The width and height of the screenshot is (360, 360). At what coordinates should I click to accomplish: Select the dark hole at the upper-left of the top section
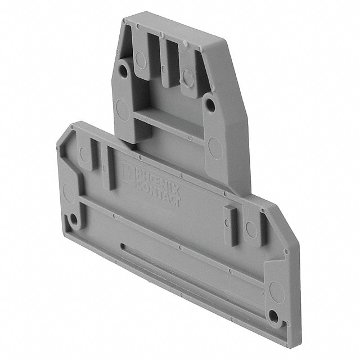click(x=123, y=69)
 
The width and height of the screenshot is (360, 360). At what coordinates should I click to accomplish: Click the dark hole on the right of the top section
click(x=209, y=105)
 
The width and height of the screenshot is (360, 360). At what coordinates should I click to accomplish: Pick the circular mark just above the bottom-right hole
click(x=276, y=292)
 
